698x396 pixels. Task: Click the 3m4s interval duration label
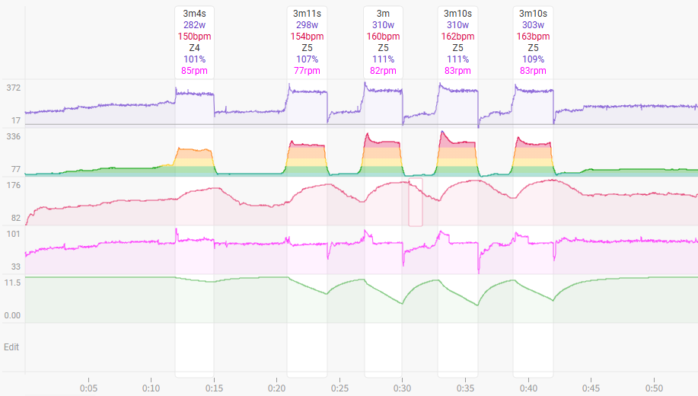coord(194,14)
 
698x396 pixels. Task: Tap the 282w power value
coord(194,25)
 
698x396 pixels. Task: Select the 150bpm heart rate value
coord(194,37)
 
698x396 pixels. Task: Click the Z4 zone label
coord(194,48)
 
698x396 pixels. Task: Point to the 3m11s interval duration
coord(308,14)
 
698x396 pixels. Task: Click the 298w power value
coord(308,25)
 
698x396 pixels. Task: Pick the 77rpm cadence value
coord(308,71)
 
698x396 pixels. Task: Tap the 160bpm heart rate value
coord(383,37)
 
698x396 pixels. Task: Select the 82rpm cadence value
coord(383,71)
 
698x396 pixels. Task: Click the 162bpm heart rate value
coord(458,37)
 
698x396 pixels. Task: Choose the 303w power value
coord(533,25)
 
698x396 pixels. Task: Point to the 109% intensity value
coord(533,59)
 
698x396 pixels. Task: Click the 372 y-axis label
coord(13,88)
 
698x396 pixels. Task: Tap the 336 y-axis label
coord(13,136)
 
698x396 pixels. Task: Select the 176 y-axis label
coord(13,185)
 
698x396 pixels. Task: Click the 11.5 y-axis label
coord(12,283)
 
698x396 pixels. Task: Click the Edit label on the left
coord(11,347)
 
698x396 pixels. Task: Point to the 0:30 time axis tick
coord(403,387)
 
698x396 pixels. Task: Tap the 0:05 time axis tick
coord(88,387)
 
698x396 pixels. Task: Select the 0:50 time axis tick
coord(654,387)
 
